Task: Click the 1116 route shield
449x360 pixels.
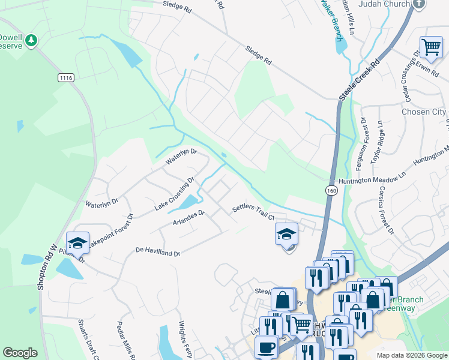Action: (66, 78)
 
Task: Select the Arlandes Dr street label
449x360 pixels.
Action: (189, 217)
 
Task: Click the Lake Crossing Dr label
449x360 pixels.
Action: (175, 193)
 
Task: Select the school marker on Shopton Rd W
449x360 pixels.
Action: (77, 242)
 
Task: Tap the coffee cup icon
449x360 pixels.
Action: (266, 347)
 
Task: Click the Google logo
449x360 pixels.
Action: (20, 353)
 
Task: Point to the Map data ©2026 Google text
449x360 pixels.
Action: (411, 355)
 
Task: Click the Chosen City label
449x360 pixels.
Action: (423, 112)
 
